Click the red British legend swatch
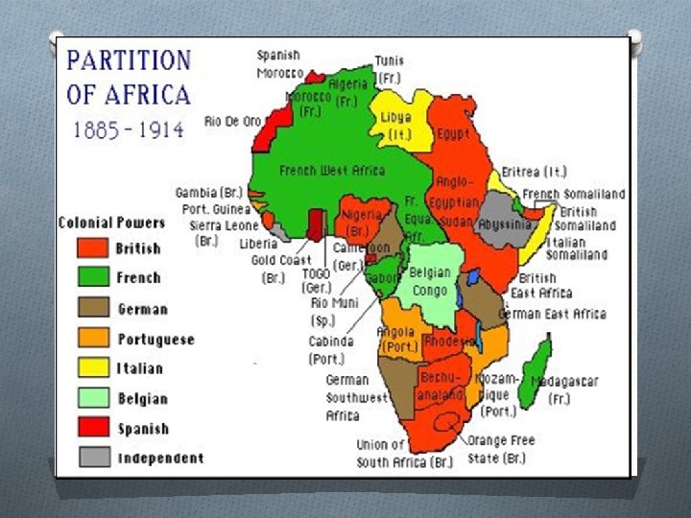pyautogui.click(x=94, y=248)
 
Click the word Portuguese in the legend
pyautogui.click(x=155, y=339)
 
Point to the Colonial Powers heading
pyautogui.click(x=111, y=223)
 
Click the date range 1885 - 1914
pyautogui.click(x=128, y=129)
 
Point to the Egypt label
pyautogui.click(x=454, y=134)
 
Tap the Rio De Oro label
pyautogui.click(x=233, y=122)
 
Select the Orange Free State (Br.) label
pyautogui.click(x=502, y=449)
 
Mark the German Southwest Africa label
pyautogui.click(x=356, y=397)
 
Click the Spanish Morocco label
pyautogui.click(x=279, y=64)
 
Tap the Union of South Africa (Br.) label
pyautogui.click(x=403, y=453)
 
